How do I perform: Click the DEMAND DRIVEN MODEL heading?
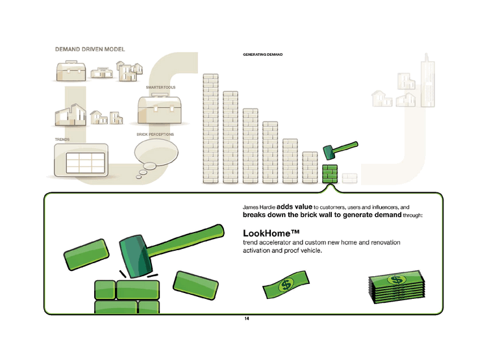point(90,49)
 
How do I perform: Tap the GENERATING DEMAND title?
point(263,55)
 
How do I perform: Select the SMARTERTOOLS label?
point(160,87)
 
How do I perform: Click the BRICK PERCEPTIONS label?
point(155,135)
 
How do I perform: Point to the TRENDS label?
point(62,139)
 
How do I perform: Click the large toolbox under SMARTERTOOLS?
point(159,109)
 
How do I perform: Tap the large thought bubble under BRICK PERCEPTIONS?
point(156,152)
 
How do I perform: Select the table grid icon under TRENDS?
point(86,163)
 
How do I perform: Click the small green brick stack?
point(330,174)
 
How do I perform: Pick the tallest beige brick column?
point(210,129)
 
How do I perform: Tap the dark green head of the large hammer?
point(136,256)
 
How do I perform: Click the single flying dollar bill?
point(286,284)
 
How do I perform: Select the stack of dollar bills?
point(397,287)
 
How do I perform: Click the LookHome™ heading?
point(271,233)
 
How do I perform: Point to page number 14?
point(247,318)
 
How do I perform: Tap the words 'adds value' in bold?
point(294,207)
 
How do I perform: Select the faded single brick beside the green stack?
point(350,179)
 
